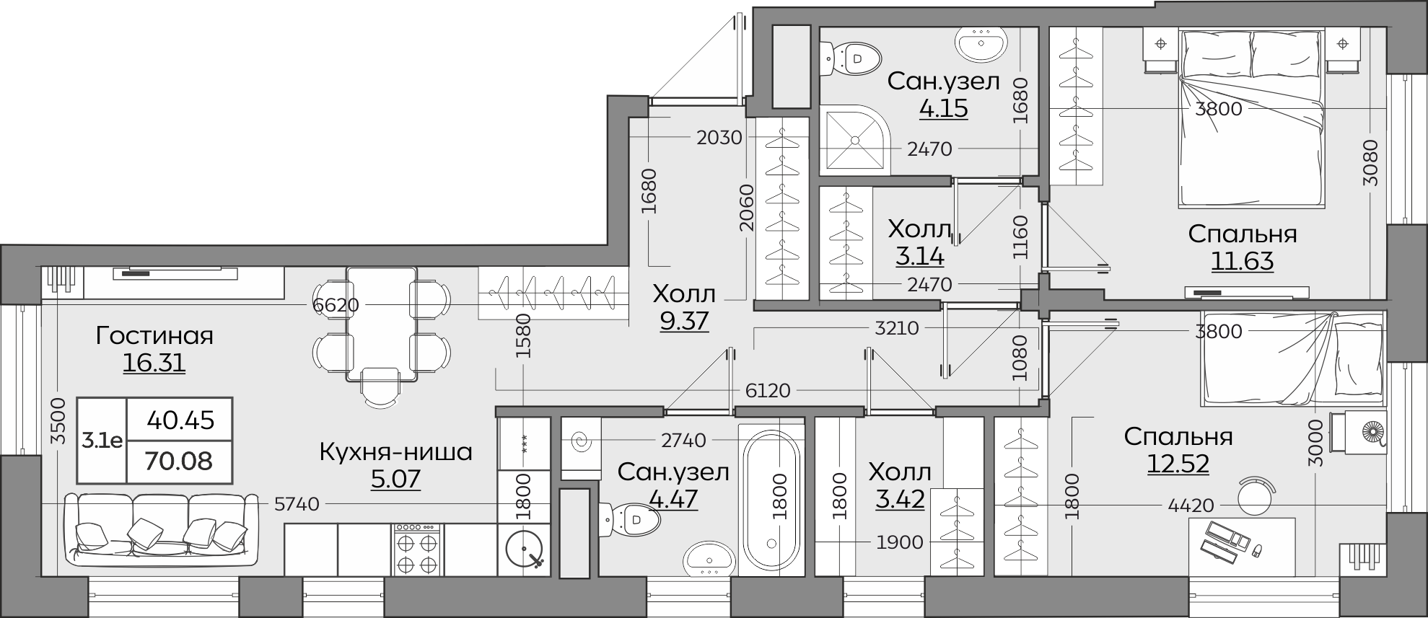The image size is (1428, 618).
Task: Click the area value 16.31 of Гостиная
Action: coord(154,363)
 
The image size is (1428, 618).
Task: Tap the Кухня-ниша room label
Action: coord(395,452)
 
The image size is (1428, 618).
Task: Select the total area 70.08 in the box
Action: coord(179,460)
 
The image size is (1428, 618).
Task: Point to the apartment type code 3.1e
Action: coord(102,441)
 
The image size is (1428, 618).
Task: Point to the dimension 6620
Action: coord(336,305)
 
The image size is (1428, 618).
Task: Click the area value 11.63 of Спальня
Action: coord(1242,260)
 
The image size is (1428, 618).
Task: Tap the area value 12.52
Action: coord(1178,464)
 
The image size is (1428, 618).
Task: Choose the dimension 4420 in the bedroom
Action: coord(1191,506)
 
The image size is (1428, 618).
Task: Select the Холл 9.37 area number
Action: coord(685,321)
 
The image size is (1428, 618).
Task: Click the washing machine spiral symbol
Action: coord(580,439)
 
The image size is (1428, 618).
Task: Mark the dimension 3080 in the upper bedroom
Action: coord(1370,163)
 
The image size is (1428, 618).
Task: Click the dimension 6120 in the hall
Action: coord(768,391)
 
